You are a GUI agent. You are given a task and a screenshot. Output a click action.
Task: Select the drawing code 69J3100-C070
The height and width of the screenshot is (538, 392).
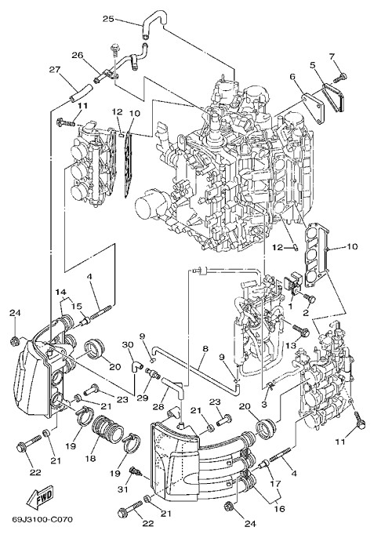coord(43,519)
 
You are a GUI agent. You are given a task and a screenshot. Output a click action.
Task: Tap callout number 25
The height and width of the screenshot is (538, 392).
coord(108,19)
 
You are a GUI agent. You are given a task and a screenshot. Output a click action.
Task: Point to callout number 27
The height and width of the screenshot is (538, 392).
coord(55,70)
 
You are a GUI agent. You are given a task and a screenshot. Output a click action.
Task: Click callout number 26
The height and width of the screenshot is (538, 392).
coord(78,55)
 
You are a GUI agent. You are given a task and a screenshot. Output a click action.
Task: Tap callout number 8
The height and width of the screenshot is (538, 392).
coord(205,348)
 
